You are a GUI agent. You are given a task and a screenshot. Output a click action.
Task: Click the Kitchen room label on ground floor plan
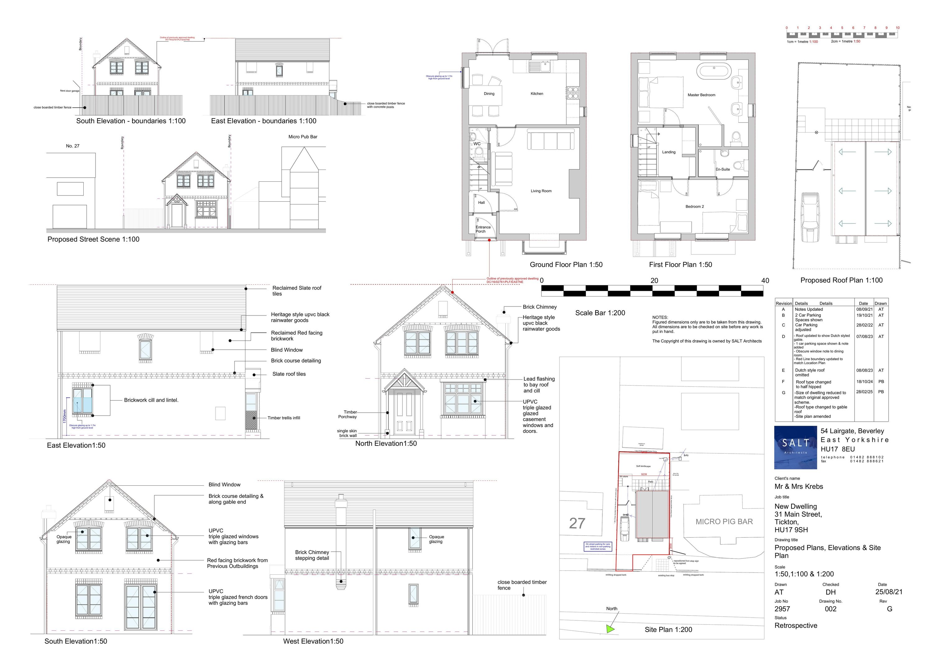(536, 94)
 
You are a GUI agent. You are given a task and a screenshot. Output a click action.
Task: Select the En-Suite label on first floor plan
(722, 170)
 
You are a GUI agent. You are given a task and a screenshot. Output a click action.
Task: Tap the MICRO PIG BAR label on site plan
(724, 521)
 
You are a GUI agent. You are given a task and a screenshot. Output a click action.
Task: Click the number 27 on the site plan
(577, 524)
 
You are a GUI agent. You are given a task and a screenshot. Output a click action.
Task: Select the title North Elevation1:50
(386, 444)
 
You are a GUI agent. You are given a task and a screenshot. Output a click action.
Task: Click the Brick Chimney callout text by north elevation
(539, 307)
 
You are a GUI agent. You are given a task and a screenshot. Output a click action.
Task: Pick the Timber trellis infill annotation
(284, 418)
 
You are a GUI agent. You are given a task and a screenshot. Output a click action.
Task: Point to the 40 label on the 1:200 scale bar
(765, 281)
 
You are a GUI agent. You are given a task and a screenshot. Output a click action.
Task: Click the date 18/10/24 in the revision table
(864, 382)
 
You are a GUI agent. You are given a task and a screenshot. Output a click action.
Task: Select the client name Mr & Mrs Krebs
(799, 487)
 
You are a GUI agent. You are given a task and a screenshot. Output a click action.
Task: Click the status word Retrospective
(795, 626)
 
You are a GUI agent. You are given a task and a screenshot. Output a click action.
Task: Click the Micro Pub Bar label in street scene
(303, 137)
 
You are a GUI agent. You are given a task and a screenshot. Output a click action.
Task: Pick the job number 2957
(782, 609)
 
